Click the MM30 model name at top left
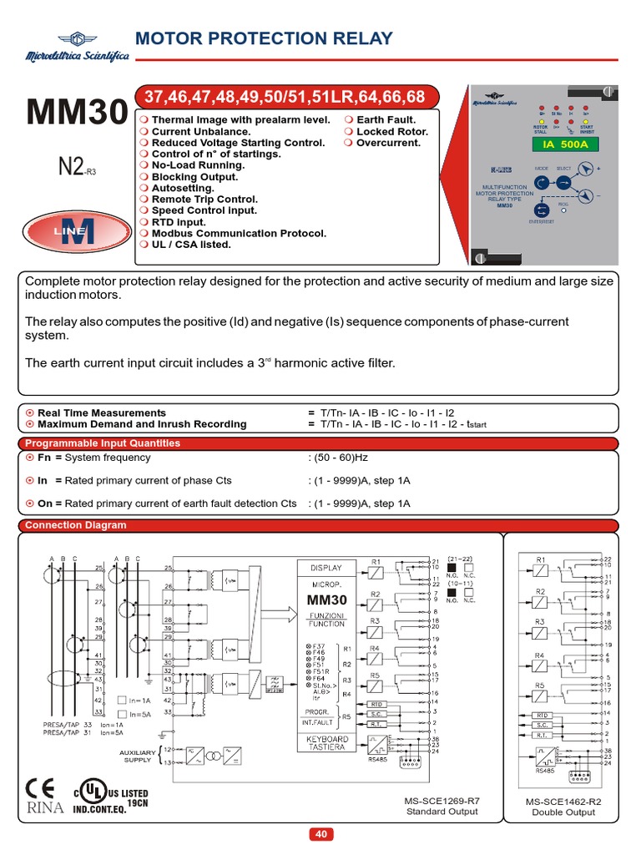[78, 113]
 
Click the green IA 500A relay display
[560, 144]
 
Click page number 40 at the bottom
[321, 834]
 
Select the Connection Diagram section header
[76, 525]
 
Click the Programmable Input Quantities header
[103, 443]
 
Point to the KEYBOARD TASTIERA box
[328, 744]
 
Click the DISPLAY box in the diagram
[327, 568]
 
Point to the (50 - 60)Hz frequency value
[341, 458]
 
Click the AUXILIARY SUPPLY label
[138, 756]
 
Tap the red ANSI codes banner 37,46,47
[285, 98]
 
